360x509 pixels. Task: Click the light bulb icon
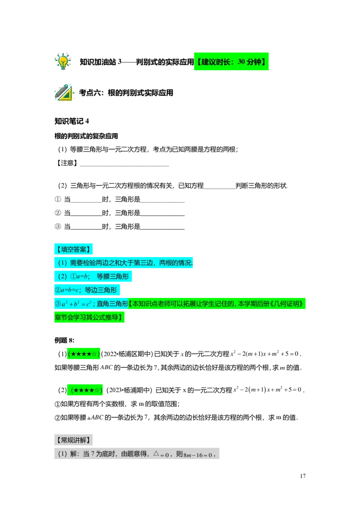63,61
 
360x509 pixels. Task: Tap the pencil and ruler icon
64,94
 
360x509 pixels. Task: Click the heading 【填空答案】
73,249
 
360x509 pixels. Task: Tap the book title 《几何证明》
287,304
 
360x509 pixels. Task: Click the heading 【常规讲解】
73,440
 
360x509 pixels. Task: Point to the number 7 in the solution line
93,454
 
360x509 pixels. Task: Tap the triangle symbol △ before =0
156,454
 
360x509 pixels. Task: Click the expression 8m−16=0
198,455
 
